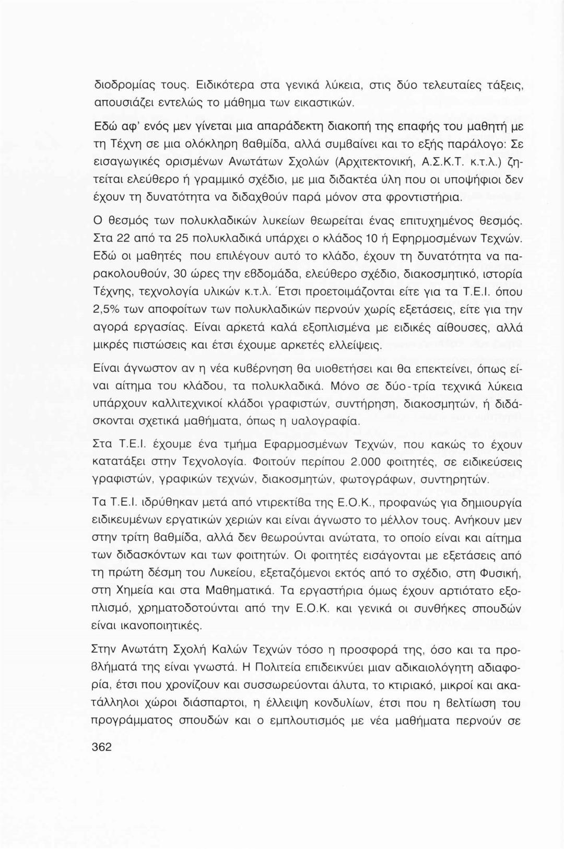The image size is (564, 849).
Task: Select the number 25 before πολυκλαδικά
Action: [194, 240]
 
